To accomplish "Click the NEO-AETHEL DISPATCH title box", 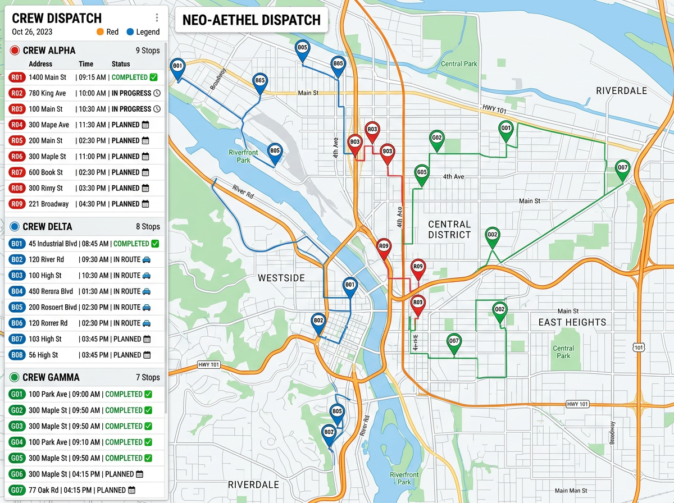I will [251, 20].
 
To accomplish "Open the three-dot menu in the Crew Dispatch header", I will [157, 18].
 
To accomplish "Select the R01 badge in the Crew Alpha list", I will [17, 77].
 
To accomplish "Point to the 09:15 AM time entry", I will [93, 77].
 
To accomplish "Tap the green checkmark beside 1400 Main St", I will [154, 77].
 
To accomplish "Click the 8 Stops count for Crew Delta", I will [148, 227].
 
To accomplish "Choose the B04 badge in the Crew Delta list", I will [17, 291].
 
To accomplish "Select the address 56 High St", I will [43, 355].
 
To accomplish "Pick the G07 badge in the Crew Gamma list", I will [17, 490].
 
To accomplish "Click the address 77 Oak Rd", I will [45, 490].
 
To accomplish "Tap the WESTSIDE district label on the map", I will [281, 278].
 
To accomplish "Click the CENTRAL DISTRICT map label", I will [449, 230].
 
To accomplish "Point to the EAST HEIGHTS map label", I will [572, 322].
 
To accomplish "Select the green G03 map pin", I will [422, 173].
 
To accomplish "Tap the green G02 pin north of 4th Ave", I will [437, 139].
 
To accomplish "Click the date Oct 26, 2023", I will [32, 32].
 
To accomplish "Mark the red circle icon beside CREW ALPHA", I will [15, 51].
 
